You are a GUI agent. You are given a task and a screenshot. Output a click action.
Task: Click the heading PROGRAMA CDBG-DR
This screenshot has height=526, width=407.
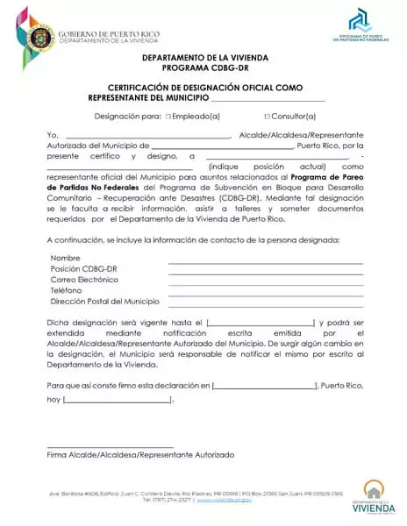(x=203, y=67)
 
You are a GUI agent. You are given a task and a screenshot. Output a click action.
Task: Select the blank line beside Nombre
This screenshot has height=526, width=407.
(x=265, y=262)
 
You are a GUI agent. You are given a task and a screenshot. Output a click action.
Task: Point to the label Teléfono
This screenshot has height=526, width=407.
(x=66, y=290)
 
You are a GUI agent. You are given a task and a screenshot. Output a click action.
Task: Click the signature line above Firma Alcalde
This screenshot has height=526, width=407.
(x=110, y=447)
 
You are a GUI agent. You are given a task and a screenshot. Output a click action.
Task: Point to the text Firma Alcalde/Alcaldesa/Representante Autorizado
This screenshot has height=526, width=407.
(x=140, y=456)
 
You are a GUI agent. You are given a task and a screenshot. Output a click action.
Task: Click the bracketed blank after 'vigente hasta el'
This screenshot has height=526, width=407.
(x=261, y=323)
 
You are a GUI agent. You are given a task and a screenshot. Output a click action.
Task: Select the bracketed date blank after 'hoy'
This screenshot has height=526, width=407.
(x=118, y=401)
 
